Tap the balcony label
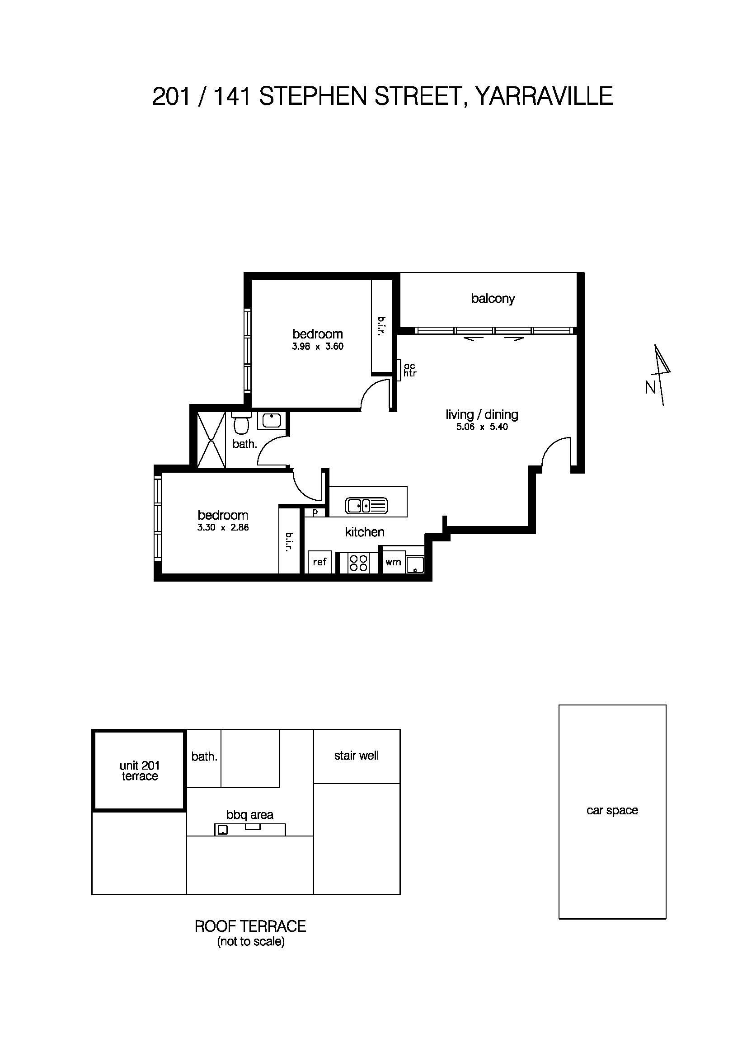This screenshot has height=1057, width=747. pyautogui.click(x=493, y=299)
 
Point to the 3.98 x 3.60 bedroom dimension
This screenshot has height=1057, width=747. pyautogui.click(x=318, y=347)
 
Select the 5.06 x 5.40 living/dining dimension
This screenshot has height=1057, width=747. pyautogui.click(x=482, y=427)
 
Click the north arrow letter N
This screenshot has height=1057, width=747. pyautogui.click(x=649, y=388)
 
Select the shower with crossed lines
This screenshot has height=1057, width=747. pyautogui.click(x=211, y=440)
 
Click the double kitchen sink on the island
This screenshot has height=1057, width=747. pyautogui.click(x=366, y=506)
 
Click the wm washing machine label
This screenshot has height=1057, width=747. pyautogui.click(x=393, y=562)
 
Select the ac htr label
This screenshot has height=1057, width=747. pyautogui.click(x=409, y=370)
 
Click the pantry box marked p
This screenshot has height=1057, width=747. pyautogui.click(x=315, y=512)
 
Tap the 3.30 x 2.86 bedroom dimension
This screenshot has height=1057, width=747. pyautogui.click(x=223, y=527)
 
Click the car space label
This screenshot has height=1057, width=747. pyautogui.click(x=612, y=810)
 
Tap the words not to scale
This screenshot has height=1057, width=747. pyautogui.click(x=251, y=941)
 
